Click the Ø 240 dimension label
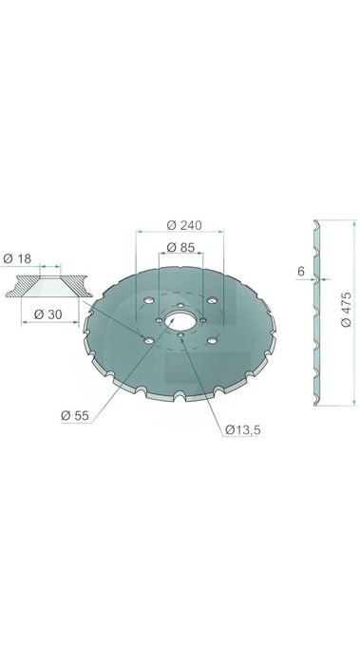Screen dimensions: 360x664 point(184,225)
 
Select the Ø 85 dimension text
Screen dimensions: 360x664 point(180,247)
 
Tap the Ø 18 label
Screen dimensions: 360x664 point(17,258)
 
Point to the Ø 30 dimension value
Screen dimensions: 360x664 point(47,314)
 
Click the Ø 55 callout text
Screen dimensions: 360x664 point(75,416)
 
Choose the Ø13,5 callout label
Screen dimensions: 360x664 point(243,430)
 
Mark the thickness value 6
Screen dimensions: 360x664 point(301,272)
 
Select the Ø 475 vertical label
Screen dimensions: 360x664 point(346,309)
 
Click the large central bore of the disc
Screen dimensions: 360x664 point(180,320)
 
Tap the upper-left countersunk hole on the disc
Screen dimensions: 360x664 point(148,300)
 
